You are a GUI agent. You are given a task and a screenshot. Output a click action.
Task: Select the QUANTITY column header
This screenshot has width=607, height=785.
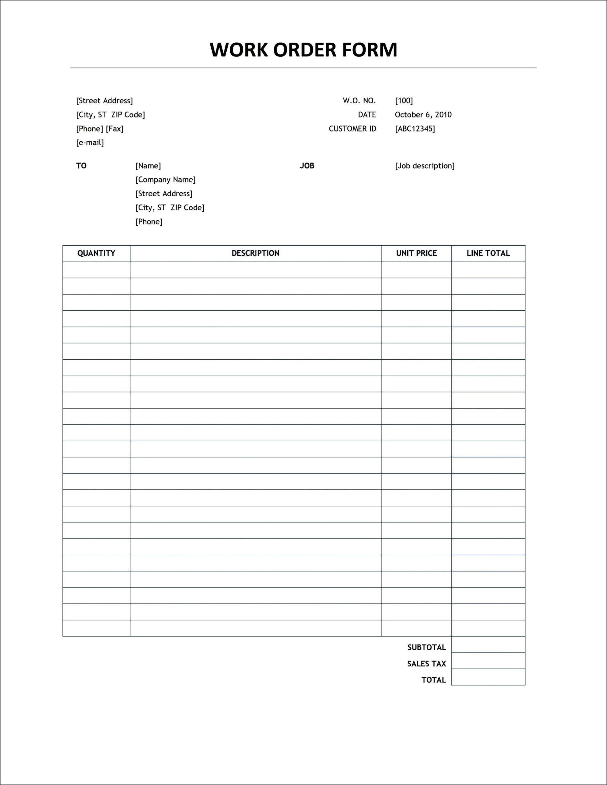pyautogui.click(x=96, y=253)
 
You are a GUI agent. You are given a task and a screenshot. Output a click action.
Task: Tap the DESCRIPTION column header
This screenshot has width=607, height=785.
pyautogui.click(x=255, y=253)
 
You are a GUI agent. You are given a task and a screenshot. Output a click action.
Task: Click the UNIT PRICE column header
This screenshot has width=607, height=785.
pyautogui.click(x=417, y=253)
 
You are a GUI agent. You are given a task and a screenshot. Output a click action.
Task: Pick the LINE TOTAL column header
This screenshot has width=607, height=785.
pyautogui.click(x=488, y=253)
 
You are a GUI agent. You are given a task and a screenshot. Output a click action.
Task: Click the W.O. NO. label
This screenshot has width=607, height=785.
pyautogui.click(x=359, y=101)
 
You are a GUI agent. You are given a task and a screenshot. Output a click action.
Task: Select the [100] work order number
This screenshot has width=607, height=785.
pyautogui.click(x=404, y=101)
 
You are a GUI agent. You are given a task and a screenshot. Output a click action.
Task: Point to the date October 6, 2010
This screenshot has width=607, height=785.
pyautogui.click(x=423, y=115)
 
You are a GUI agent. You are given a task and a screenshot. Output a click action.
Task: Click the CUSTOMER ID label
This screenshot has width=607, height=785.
pyautogui.click(x=352, y=129)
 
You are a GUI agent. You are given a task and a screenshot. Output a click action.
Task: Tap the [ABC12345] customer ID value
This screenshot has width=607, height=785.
pyautogui.click(x=415, y=129)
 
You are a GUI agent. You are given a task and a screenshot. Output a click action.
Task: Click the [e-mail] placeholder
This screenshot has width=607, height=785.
pyautogui.click(x=90, y=143)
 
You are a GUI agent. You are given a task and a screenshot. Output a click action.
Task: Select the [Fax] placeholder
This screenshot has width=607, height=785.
pyautogui.click(x=115, y=129)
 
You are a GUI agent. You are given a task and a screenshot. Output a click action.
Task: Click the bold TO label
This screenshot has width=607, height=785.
pyautogui.click(x=81, y=166)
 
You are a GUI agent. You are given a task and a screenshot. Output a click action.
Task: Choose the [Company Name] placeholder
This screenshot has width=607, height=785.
pyautogui.click(x=165, y=180)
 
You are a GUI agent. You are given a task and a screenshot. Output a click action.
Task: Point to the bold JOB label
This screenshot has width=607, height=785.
pyautogui.click(x=307, y=166)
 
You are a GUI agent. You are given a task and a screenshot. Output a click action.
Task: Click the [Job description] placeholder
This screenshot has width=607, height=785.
pyautogui.click(x=425, y=166)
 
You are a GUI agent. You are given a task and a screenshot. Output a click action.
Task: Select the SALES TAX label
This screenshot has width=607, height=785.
pyautogui.click(x=426, y=664)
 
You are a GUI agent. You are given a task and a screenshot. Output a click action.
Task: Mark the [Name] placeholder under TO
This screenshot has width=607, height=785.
pyautogui.click(x=148, y=166)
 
